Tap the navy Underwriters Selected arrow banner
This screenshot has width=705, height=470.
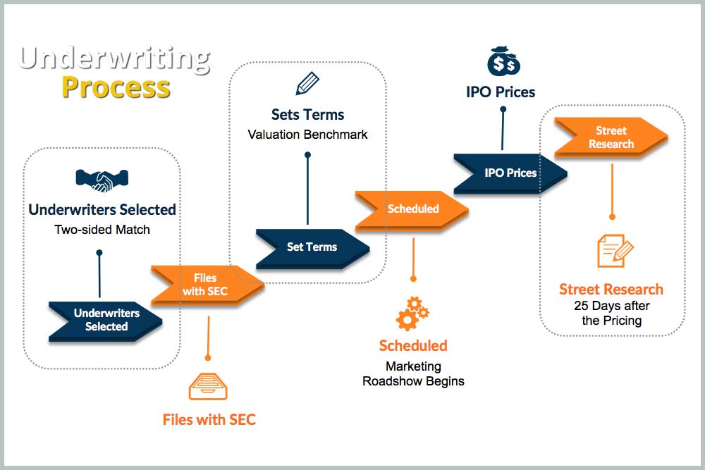click(x=106, y=320)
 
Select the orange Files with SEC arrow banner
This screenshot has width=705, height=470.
click(x=205, y=285)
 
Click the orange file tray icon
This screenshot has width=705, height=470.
click(x=209, y=387)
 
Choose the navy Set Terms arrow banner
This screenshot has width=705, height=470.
click(x=312, y=247)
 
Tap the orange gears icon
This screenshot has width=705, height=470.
click(x=412, y=313)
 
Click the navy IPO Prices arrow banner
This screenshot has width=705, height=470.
click(x=510, y=173)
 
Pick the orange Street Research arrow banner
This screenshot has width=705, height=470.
click(x=611, y=137)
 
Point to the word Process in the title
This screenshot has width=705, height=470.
click(x=116, y=87)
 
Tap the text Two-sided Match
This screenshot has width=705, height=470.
click(x=102, y=229)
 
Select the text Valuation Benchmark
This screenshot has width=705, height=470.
click(x=307, y=134)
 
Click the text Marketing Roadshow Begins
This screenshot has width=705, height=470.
click(x=413, y=373)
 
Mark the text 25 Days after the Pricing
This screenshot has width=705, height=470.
click(x=611, y=313)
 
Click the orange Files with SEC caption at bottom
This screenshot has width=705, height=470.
click(x=209, y=420)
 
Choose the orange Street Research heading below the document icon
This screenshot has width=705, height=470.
click(x=611, y=289)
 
